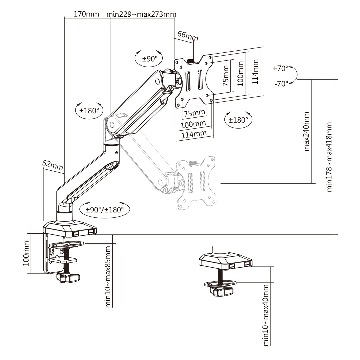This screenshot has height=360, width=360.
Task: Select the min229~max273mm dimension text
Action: [141, 14]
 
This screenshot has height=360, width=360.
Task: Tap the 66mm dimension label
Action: [187, 35]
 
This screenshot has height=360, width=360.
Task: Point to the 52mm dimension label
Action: [53, 165]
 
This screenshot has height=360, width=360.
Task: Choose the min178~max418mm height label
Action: [329, 157]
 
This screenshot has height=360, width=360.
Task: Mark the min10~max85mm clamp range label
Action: [108, 277]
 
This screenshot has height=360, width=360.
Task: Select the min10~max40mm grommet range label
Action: [266, 315]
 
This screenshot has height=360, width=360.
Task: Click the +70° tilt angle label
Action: [280, 68]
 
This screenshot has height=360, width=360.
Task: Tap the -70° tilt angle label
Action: [281, 84]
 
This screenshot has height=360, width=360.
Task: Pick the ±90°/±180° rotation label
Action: [105, 210]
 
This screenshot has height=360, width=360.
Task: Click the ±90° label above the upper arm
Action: [150, 59]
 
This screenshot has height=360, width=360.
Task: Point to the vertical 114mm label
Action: [255, 72]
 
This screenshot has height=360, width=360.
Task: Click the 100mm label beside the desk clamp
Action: [26, 254]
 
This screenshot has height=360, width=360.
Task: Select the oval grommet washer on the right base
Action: [220, 283]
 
